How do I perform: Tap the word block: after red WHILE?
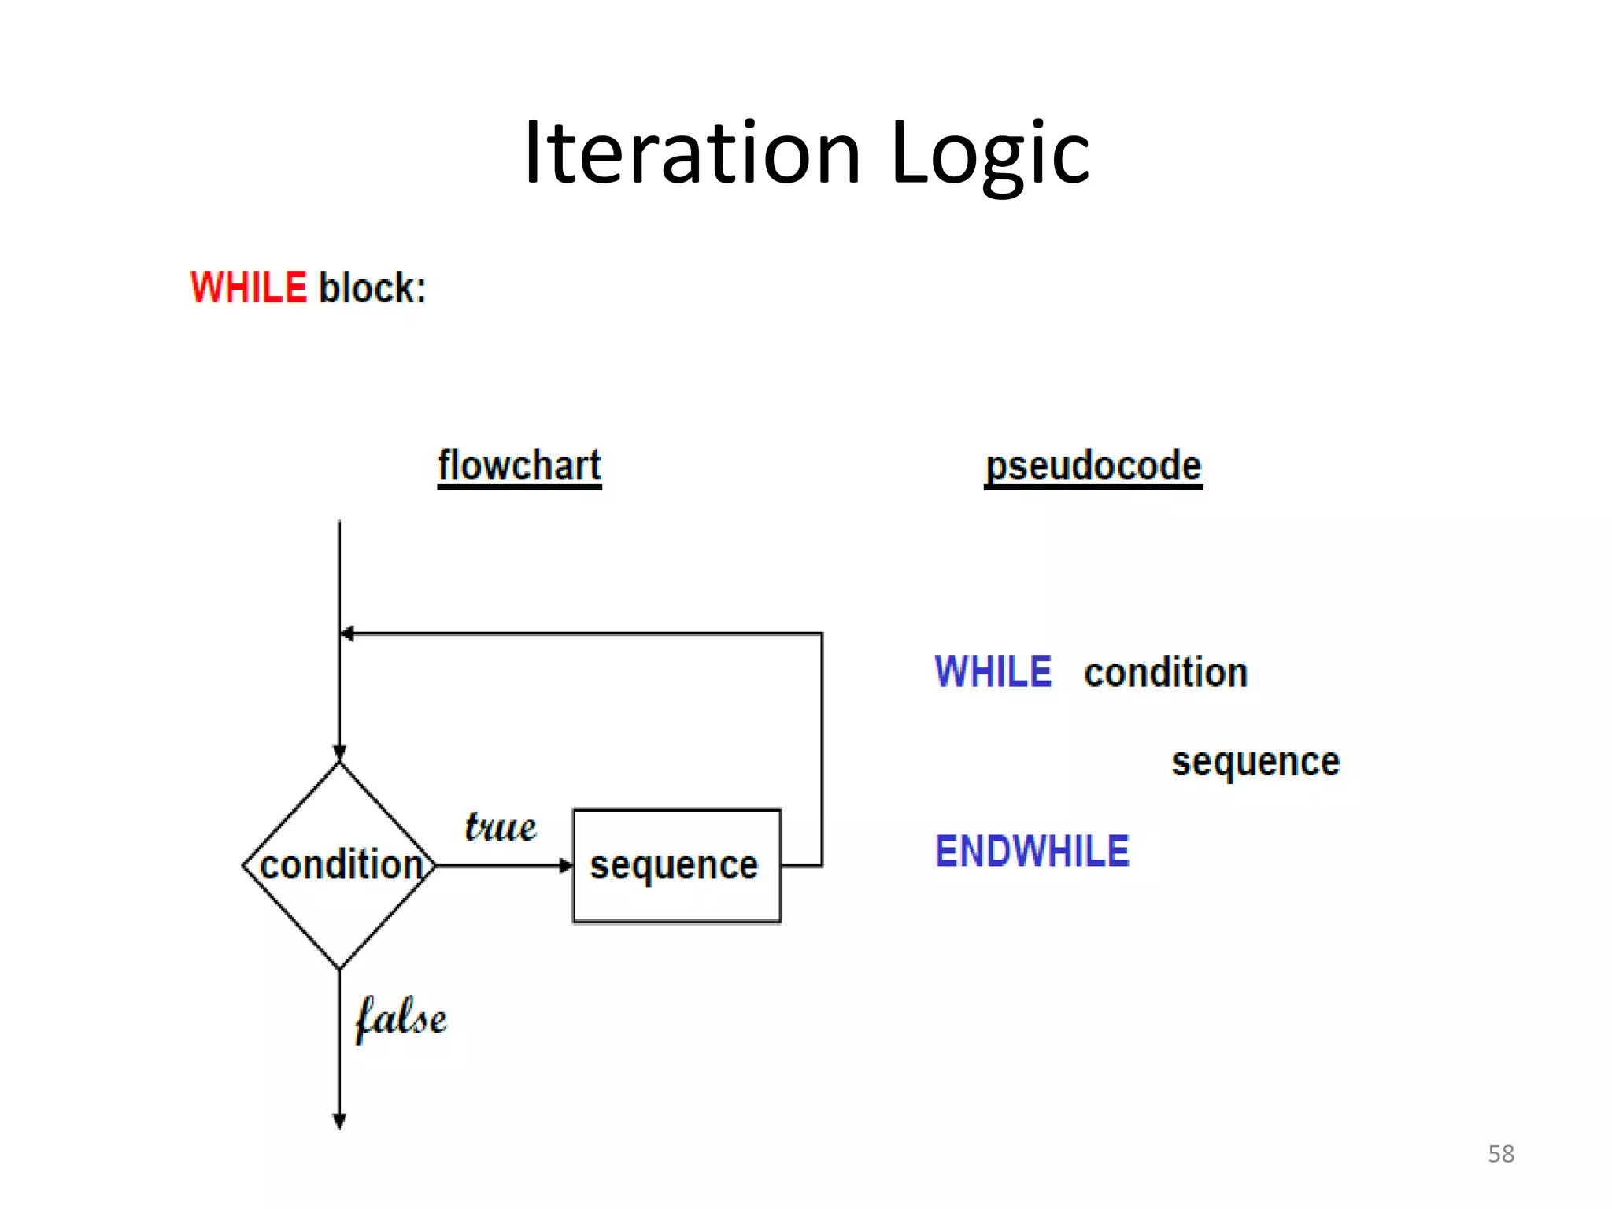pyautogui.click(x=372, y=287)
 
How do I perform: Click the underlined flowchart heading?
pyautogui.click(x=519, y=466)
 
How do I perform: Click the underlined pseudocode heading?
pyautogui.click(x=1093, y=466)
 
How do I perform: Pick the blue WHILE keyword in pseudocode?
pyautogui.click(x=993, y=672)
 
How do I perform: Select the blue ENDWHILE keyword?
pyautogui.click(x=1032, y=852)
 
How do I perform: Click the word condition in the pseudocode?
pyautogui.click(x=1166, y=673)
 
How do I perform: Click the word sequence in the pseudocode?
pyautogui.click(x=1255, y=762)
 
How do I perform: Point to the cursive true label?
pyautogui.click(x=500, y=827)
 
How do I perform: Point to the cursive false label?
pyautogui.click(x=401, y=1019)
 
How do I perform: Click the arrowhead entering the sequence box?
pyautogui.click(x=566, y=866)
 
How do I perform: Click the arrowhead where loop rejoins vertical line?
pyautogui.click(x=347, y=634)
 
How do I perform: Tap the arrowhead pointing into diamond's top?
pyautogui.click(x=339, y=752)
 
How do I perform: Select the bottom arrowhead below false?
pyautogui.click(x=339, y=1121)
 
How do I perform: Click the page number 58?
pyautogui.click(x=1500, y=1154)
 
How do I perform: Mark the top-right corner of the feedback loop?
pyautogui.click(x=822, y=634)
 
